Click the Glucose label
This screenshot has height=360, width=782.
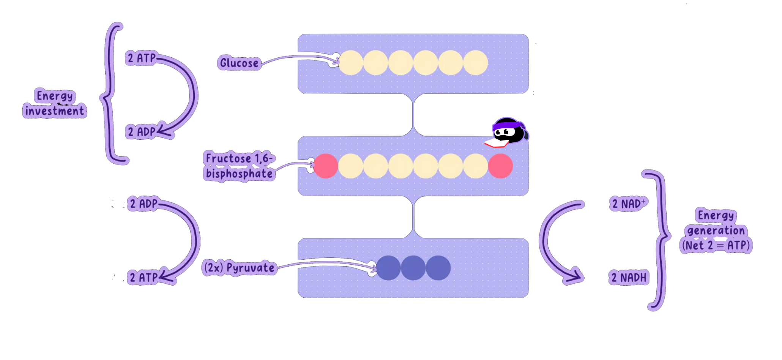click(x=239, y=63)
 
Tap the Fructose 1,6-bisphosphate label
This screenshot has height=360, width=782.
click(x=239, y=166)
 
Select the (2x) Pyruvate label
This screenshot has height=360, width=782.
click(x=239, y=268)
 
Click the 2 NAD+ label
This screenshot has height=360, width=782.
click(x=629, y=204)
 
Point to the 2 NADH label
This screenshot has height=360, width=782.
click(x=629, y=278)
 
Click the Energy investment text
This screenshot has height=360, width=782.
click(x=55, y=103)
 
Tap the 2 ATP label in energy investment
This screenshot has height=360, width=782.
click(x=141, y=58)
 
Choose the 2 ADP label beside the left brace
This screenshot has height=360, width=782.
click(x=141, y=132)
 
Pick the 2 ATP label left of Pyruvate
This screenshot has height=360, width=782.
click(x=143, y=277)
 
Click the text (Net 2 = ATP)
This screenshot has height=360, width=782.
click(x=716, y=245)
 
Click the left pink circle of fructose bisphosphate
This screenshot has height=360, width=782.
click(x=326, y=166)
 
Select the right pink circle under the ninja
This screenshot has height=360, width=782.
click(x=500, y=166)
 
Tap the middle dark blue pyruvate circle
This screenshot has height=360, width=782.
click(x=413, y=268)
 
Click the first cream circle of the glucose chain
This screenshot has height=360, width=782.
click(x=351, y=63)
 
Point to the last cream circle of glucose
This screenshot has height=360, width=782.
click(x=475, y=63)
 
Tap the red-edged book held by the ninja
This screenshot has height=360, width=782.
click(x=496, y=143)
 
